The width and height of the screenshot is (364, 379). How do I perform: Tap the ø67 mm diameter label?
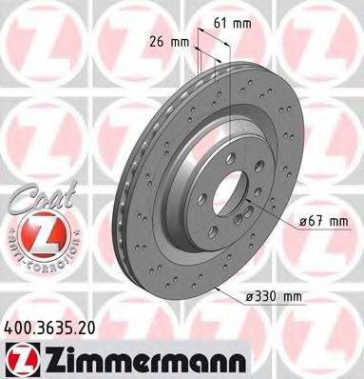tap(320, 221)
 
